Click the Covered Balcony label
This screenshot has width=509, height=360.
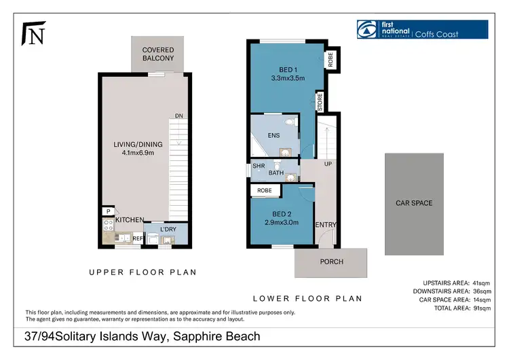click(x=157, y=54)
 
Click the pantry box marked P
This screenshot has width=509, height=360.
click(x=107, y=211)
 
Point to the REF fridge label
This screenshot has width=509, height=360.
click(x=137, y=238)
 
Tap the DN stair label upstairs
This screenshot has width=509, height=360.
click(x=178, y=116)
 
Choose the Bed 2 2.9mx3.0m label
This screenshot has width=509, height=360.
click(x=281, y=217)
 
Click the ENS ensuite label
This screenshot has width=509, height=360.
click(x=274, y=135)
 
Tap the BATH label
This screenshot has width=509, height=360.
click(x=276, y=173)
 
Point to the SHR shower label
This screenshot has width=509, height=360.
click(x=258, y=164)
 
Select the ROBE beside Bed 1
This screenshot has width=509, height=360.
click(x=331, y=59)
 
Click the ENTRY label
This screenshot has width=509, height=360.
click(x=325, y=225)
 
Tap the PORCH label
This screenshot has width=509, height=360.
click(x=331, y=262)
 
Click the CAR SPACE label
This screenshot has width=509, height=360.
click(x=413, y=203)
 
